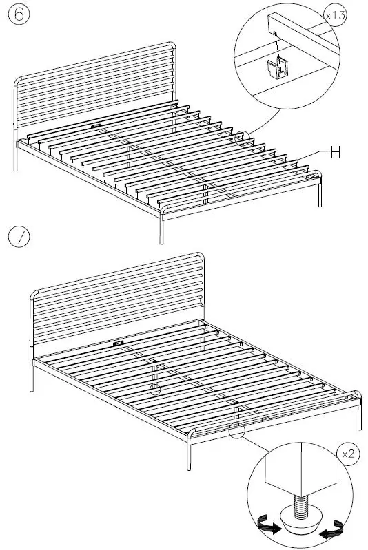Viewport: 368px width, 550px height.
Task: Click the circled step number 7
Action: tap(20, 236)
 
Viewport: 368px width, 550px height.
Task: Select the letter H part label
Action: tap(335, 153)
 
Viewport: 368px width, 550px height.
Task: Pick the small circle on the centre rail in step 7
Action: tap(154, 389)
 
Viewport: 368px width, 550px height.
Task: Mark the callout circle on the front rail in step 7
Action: tap(236, 431)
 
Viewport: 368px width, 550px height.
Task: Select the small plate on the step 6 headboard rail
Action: tap(94, 126)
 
